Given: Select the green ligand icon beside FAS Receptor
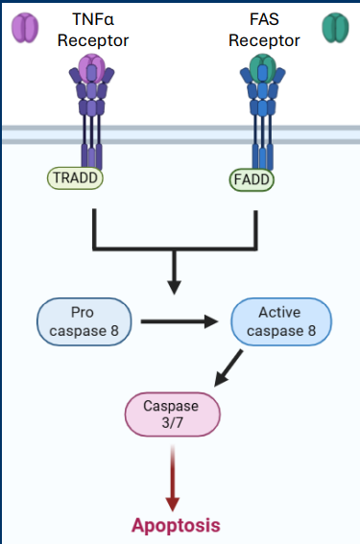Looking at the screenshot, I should [x=336, y=27].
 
